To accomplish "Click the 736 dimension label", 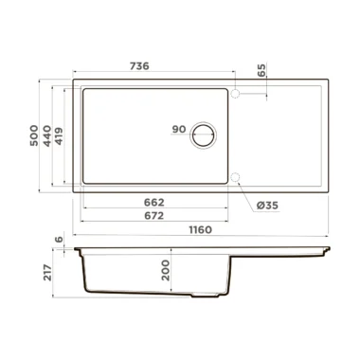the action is point(139,66).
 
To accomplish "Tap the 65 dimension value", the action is point(261,70).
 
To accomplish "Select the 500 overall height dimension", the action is point(34,135).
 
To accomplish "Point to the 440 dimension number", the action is point(47,135).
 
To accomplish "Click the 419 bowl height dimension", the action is point(59,136).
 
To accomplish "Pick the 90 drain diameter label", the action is point(179,129).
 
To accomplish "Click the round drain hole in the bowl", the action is point(204,135).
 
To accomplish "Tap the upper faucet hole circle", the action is point(235,94).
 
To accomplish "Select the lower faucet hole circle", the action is point(235,177).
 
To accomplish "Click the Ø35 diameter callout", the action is point(267,206).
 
